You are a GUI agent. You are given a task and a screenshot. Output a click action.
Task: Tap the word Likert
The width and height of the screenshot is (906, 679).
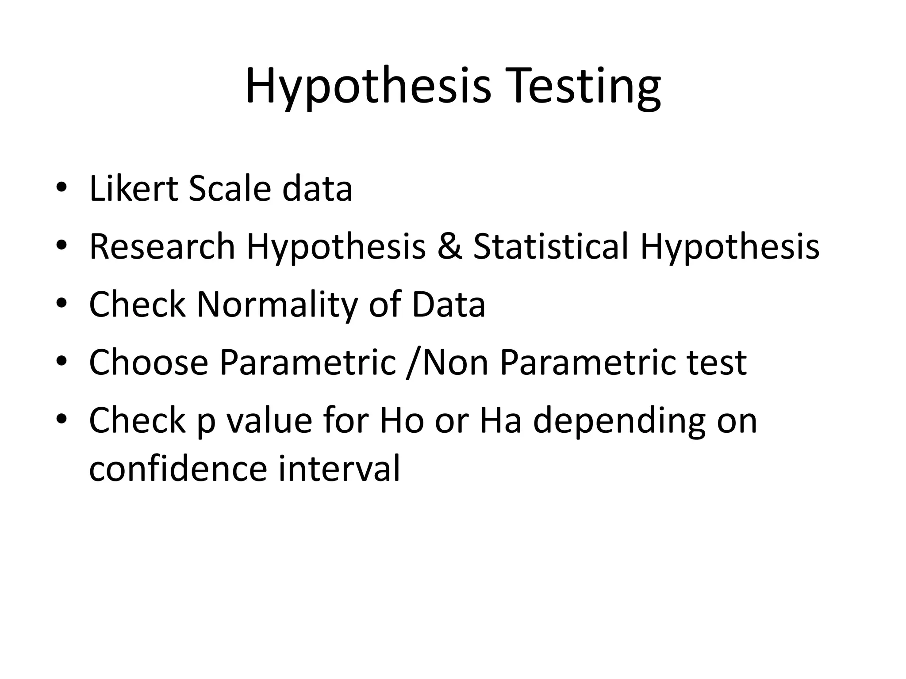[x=133, y=189]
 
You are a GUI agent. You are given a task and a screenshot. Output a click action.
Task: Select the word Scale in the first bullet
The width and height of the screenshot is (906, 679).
[x=229, y=189]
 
